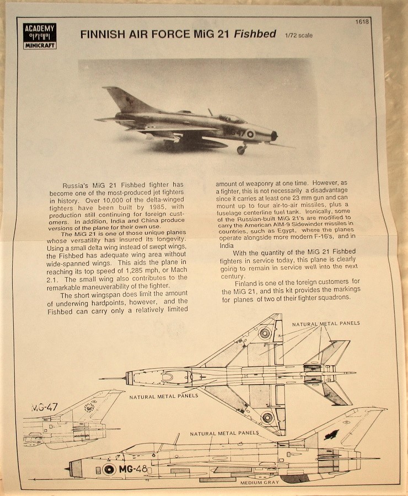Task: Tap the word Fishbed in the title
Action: click(x=255, y=34)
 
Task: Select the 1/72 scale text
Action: click(x=299, y=36)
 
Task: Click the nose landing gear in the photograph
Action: click(x=241, y=148)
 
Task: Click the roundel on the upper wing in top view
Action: click(x=266, y=333)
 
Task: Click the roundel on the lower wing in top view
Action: click(x=267, y=417)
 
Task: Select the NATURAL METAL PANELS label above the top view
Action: click(x=326, y=323)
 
